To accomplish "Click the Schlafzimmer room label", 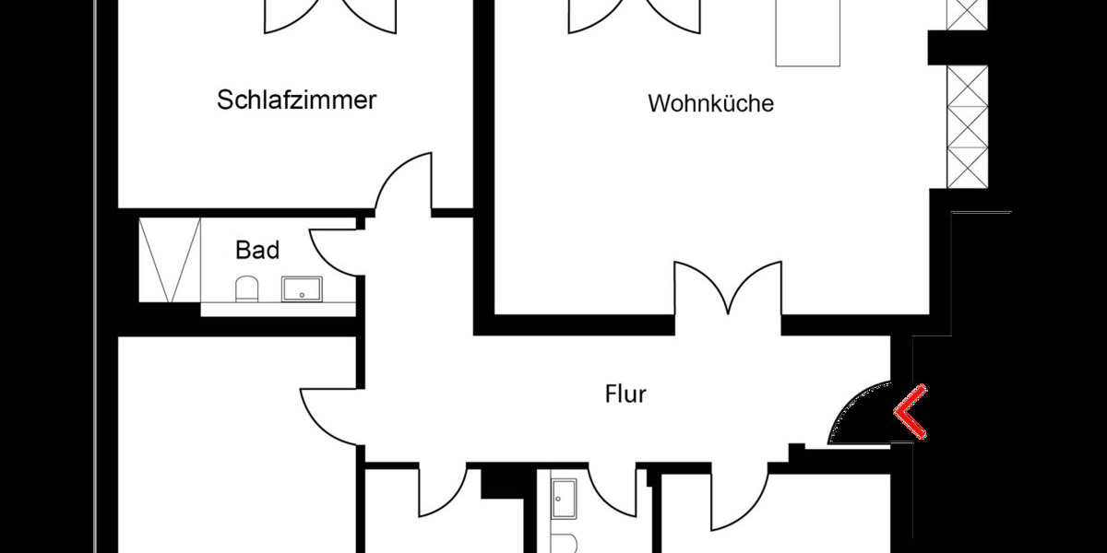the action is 296,100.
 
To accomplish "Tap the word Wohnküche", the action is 710,102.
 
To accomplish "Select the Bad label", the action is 257,249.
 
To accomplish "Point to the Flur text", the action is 625,394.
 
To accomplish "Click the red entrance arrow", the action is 911,411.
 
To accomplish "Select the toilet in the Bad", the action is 247,289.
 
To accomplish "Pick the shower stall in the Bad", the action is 170,260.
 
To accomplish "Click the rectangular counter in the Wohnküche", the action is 808,32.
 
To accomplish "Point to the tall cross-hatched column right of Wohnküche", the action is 967,126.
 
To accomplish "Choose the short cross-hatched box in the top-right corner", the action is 967,14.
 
